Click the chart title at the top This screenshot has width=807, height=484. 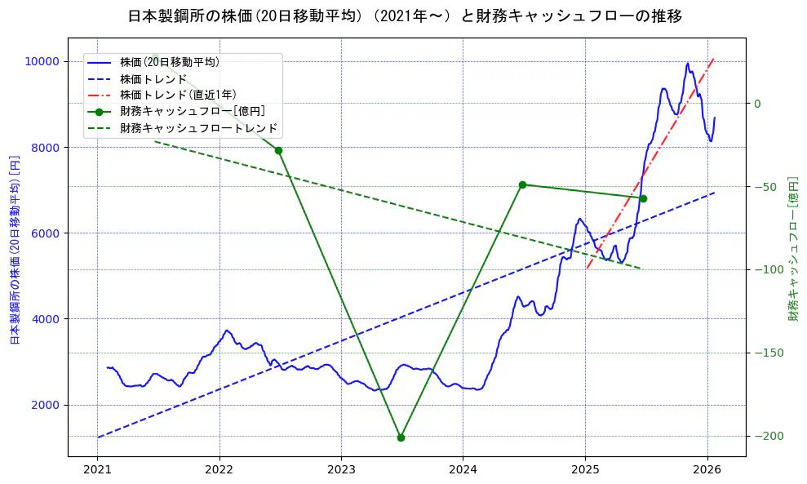[x=405, y=16]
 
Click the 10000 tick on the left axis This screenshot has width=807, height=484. [x=42, y=61]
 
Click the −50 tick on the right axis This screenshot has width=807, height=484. [x=768, y=187]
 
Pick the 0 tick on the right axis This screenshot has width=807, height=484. [x=756, y=104]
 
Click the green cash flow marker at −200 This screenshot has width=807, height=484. [x=401, y=437]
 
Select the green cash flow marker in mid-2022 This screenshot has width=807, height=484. [x=278, y=150]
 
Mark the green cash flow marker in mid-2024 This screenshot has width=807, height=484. [x=522, y=184]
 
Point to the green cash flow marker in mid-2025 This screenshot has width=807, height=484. [x=643, y=198]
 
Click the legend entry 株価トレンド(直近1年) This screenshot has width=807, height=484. [x=178, y=95]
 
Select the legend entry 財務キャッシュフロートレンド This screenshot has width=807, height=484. [x=198, y=128]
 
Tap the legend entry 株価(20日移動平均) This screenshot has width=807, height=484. [x=169, y=61]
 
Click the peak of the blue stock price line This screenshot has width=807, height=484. [x=688, y=63]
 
